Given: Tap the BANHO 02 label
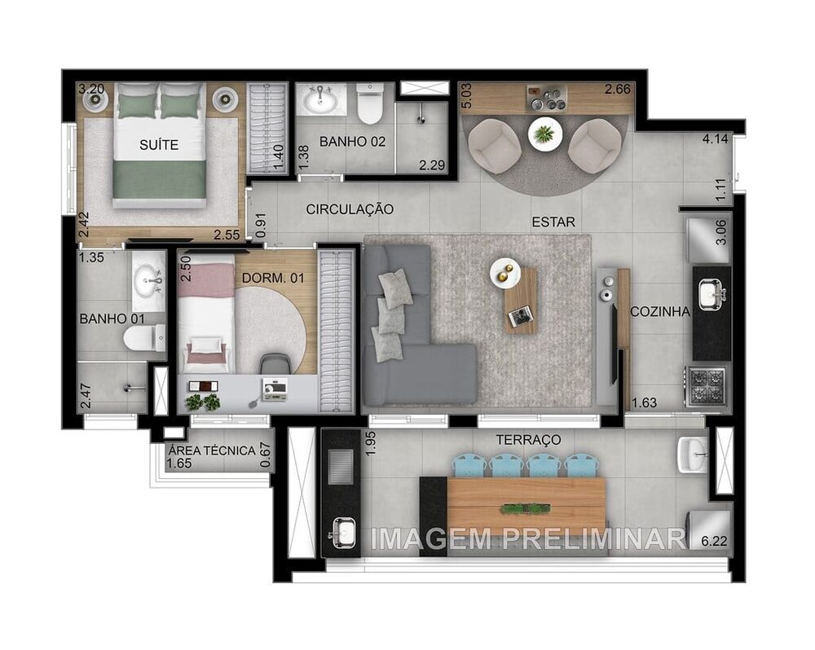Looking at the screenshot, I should tap(352, 142).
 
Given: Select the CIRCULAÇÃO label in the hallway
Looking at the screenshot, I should tap(350, 209).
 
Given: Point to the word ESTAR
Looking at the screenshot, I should tap(553, 222).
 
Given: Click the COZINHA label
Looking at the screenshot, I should tap(660, 311).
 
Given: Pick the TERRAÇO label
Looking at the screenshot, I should tap(528, 440).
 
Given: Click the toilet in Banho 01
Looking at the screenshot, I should tap(146, 337).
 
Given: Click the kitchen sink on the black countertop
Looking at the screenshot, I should tap(711, 292).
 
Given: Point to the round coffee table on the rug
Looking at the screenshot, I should tap(505, 273).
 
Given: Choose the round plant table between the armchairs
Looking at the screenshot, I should tap(544, 133).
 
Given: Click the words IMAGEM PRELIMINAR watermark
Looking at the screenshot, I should tap(528, 538).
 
